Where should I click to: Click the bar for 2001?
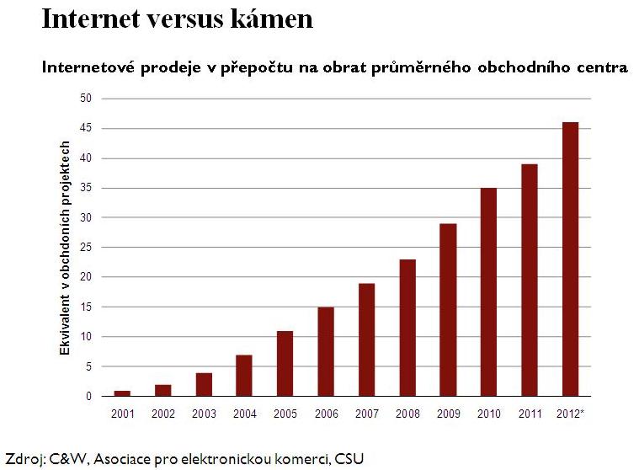tap(122, 393)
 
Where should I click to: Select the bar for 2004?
tap(244, 376)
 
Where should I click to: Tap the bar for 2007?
tap(367, 339)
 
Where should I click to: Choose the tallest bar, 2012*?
tap(571, 259)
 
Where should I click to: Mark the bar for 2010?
tap(489, 292)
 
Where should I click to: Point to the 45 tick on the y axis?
tap(86, 129)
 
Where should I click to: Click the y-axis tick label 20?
tap(86, 277)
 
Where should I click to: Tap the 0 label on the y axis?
tap(88, 396)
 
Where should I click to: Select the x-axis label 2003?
tap(204, 413)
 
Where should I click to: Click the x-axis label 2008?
tap(407, 413)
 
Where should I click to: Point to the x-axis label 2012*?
tap(572, 413)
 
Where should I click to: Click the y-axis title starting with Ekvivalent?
tap(65, 247)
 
